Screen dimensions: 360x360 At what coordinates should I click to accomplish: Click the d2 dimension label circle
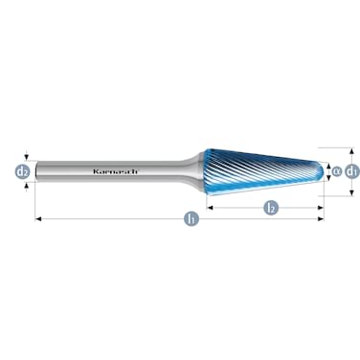22,172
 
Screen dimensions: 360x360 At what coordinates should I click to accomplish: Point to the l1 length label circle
191,219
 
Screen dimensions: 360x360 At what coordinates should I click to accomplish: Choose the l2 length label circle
271,207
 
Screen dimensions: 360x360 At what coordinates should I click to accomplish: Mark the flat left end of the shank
36,172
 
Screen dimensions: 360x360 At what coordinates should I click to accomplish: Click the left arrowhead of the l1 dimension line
38,219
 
